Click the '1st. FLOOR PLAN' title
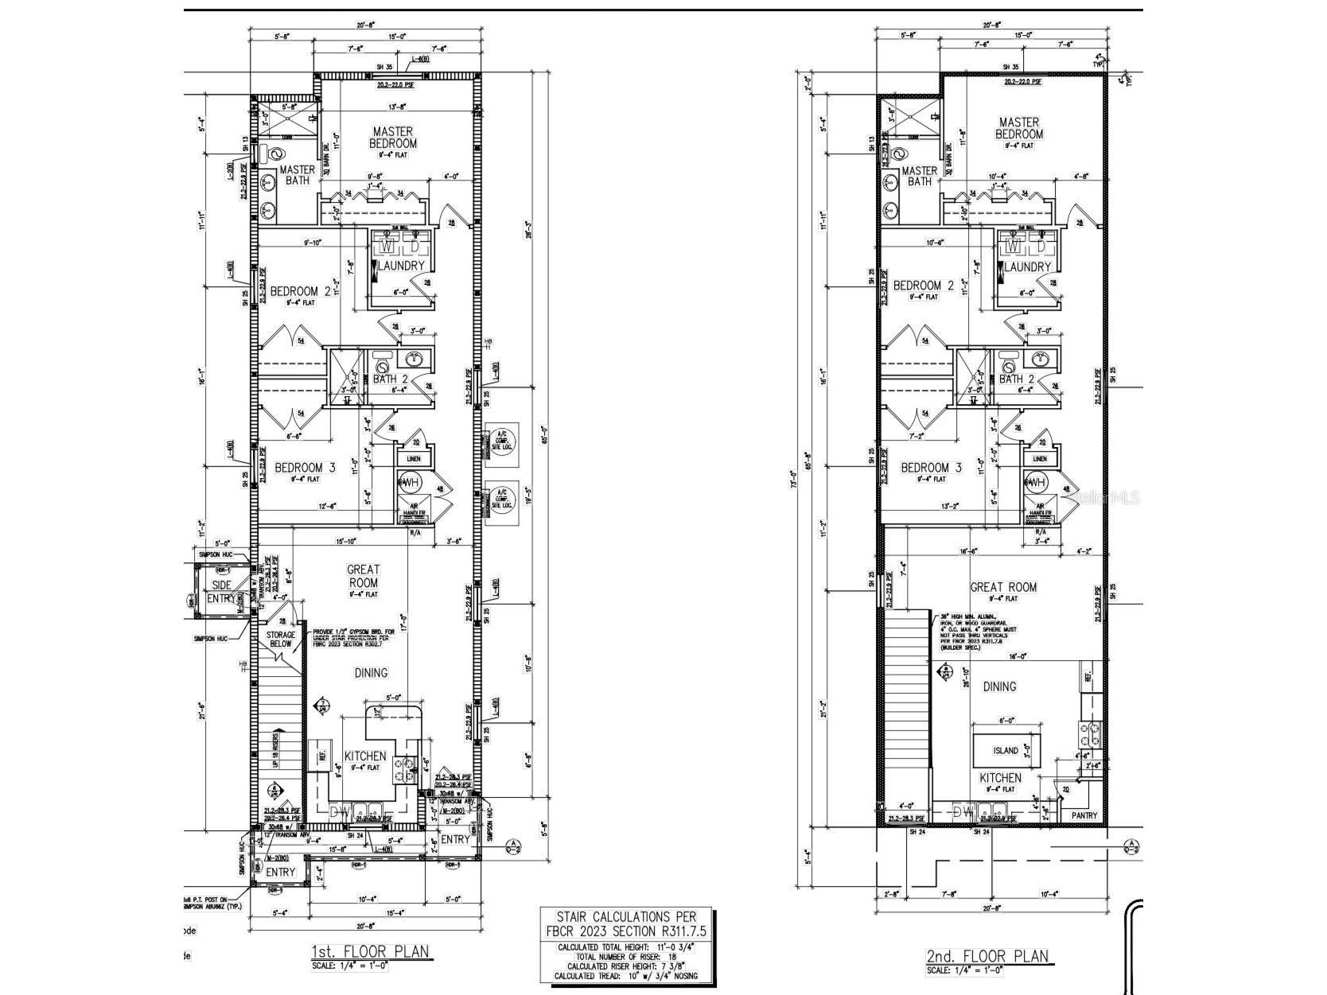(x=370, y=951)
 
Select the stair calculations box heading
(x=628, y=924)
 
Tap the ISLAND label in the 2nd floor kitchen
(x=1005, y=750)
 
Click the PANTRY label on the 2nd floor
(x=1084, y=815)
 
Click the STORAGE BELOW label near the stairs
(x=281, y=639)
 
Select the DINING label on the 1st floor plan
(x=371, y=673)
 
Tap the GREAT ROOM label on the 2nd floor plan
(x=1003, y=587)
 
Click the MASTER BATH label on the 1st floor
(x=297, y=175)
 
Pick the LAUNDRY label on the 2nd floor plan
(x=1028, y=267)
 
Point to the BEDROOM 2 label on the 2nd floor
(x=923, y=286)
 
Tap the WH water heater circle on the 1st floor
(x=410, y=482)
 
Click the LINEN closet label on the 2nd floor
(x=1039, y=459)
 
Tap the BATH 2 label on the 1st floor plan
(x=390, y=379)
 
